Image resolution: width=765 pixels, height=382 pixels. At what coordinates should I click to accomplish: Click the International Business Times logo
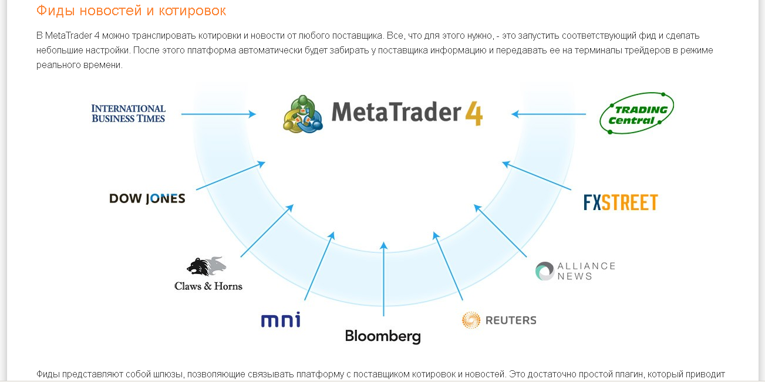[129, 113]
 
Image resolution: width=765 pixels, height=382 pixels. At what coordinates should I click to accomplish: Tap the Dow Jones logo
[147, 198]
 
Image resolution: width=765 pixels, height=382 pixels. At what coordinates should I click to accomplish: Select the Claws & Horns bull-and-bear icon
[206, 266]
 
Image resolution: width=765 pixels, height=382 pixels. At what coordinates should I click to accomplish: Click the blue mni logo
[281, 320]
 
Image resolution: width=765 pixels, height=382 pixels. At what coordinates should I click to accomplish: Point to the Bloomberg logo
[383, 336]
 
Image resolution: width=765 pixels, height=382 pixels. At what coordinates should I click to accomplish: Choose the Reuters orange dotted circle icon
[471, 320]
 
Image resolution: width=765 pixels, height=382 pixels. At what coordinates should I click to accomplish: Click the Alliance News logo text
[586, 271]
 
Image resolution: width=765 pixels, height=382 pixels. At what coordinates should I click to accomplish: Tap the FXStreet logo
[621, 202]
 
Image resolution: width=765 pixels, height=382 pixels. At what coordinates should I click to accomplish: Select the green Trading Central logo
[636, 113]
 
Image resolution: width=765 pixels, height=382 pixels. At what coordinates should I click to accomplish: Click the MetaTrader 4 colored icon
[303, 113]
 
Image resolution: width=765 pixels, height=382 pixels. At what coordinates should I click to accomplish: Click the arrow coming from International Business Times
[218, 114]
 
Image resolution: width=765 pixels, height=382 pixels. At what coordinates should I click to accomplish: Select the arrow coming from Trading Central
[548, 114]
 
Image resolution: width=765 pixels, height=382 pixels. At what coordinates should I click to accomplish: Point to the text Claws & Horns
[208, 286]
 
